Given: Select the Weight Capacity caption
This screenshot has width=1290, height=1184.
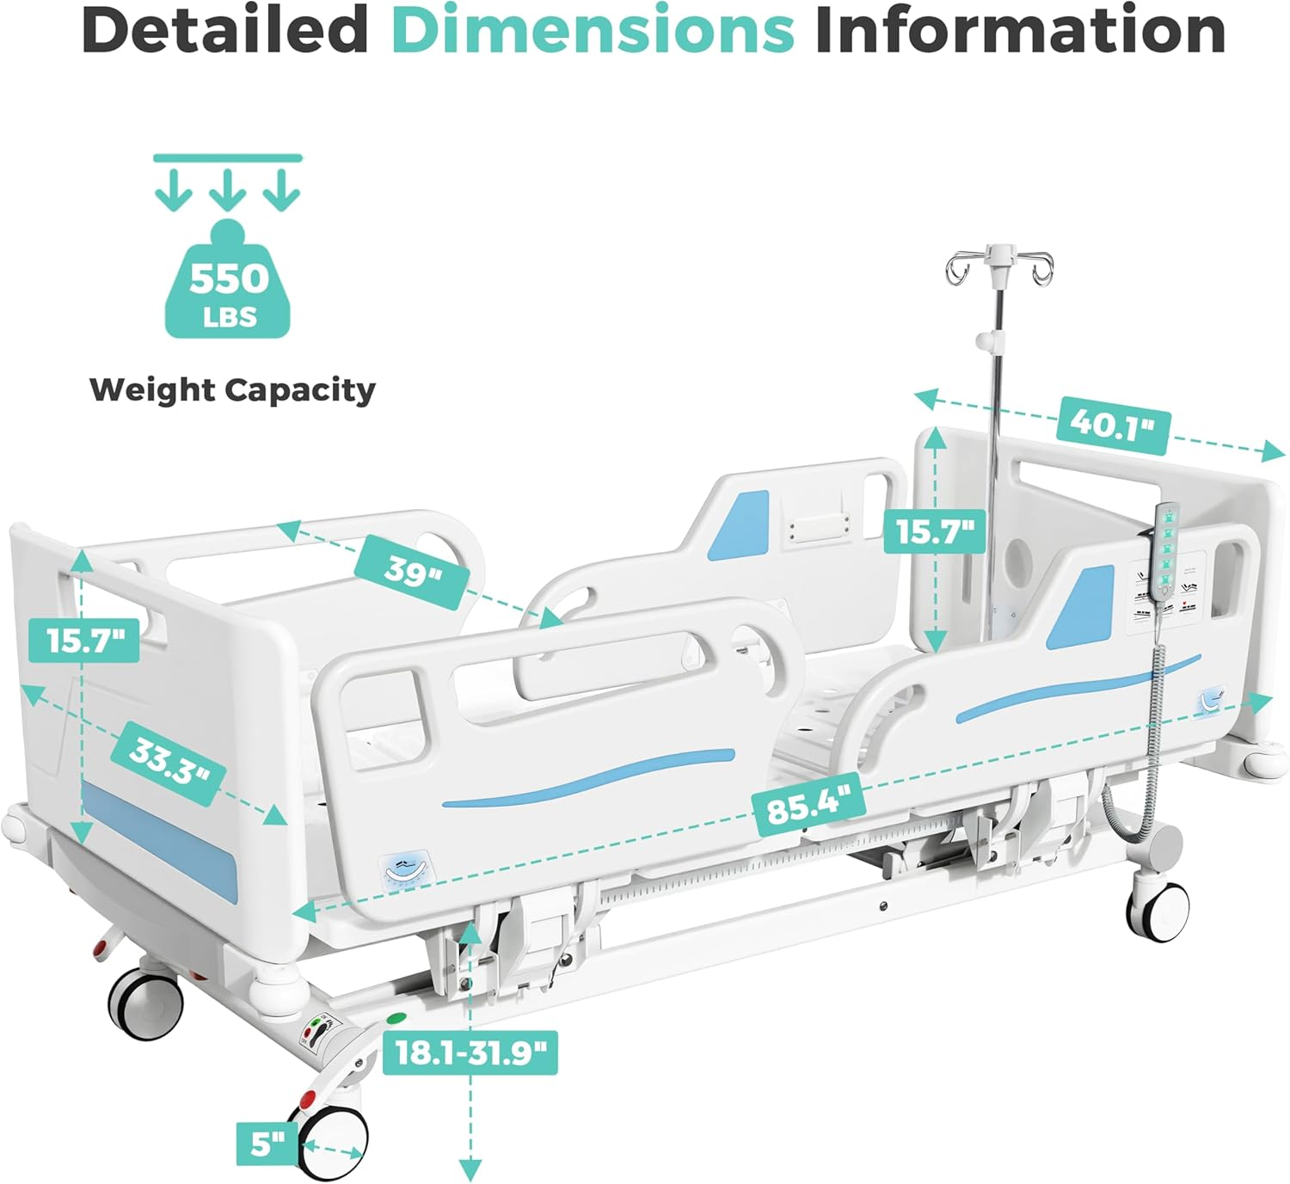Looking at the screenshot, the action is (x=232, y=390).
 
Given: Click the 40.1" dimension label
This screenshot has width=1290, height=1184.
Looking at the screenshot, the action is (x=1112, y=426).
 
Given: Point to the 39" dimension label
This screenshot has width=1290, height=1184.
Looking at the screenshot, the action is (x=410, y=571).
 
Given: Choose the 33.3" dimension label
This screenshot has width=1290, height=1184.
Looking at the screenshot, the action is (x=169, y=764).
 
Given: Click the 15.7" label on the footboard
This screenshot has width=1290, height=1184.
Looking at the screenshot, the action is (x=84, y=641).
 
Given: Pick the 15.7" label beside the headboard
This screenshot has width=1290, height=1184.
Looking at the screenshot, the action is (x=934, y=531).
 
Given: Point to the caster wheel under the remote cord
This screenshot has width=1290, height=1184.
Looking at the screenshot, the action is (x=1158, y=905).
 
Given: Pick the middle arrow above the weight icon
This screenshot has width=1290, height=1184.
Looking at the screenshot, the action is (x=227, y=190).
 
